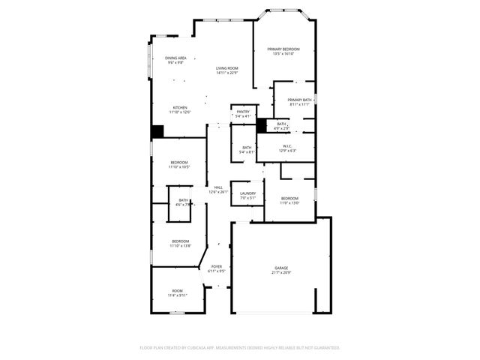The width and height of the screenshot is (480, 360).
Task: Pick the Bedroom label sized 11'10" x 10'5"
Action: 179,164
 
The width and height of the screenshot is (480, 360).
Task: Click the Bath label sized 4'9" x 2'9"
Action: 281,126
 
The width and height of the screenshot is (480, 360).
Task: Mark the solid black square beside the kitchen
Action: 157,131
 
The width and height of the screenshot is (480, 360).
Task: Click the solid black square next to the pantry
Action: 261,126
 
